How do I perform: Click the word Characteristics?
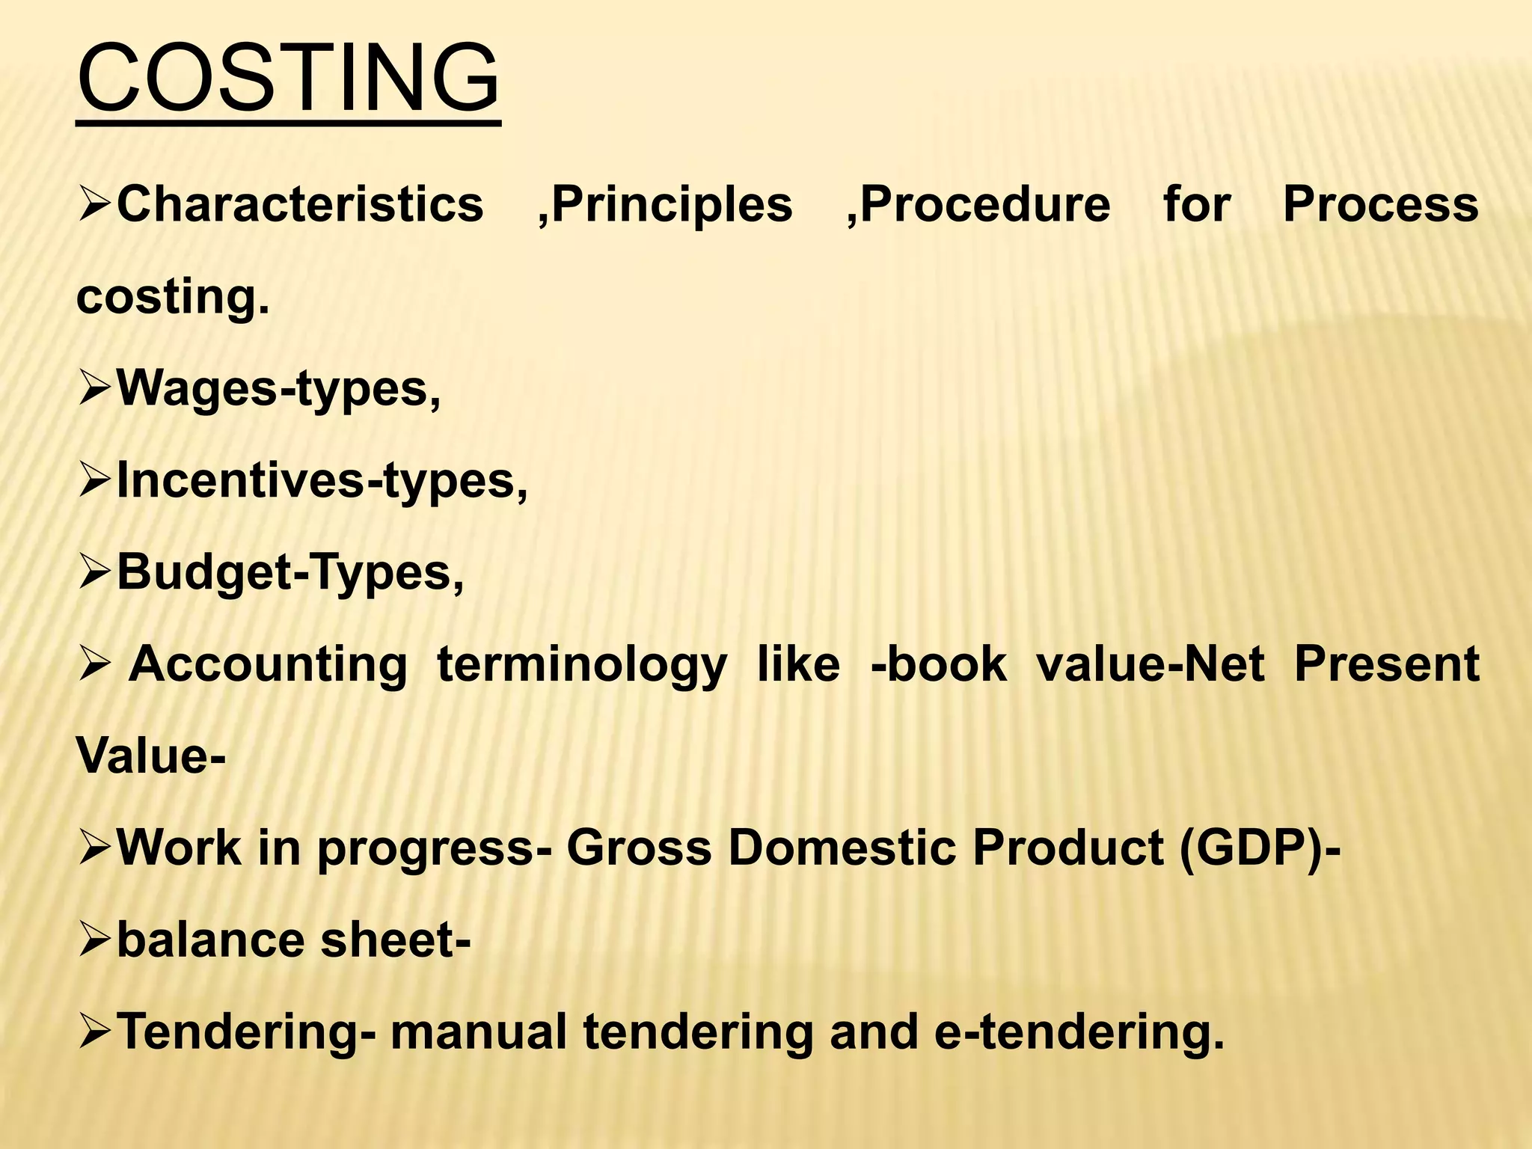click(x=300, y=204)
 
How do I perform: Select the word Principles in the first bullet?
click(x=672, y=204)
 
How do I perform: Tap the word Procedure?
click(x=985, y=204)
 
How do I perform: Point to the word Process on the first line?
click(x=1381, y=204)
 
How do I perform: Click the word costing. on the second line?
click(x=173, y=297)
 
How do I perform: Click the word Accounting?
click(x=268, y=665)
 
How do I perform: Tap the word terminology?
click(x=582, y=665)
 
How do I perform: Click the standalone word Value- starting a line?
click(x=150, y=756)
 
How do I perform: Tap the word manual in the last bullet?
click(x=479, y=1032)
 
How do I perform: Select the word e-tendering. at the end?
click(x=1079, y=1032)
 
